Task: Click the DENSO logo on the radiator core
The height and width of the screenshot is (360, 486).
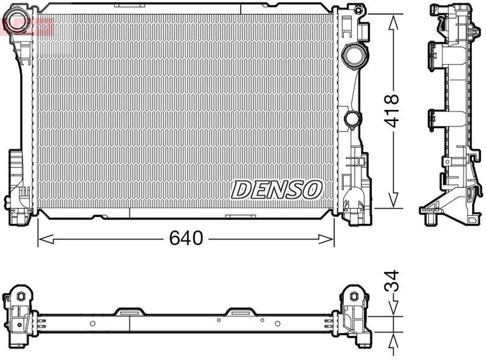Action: (x=276, y=189)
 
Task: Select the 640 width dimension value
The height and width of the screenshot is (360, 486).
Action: (x=186, y=238)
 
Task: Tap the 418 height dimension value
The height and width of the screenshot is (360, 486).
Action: (x=393, y=110)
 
